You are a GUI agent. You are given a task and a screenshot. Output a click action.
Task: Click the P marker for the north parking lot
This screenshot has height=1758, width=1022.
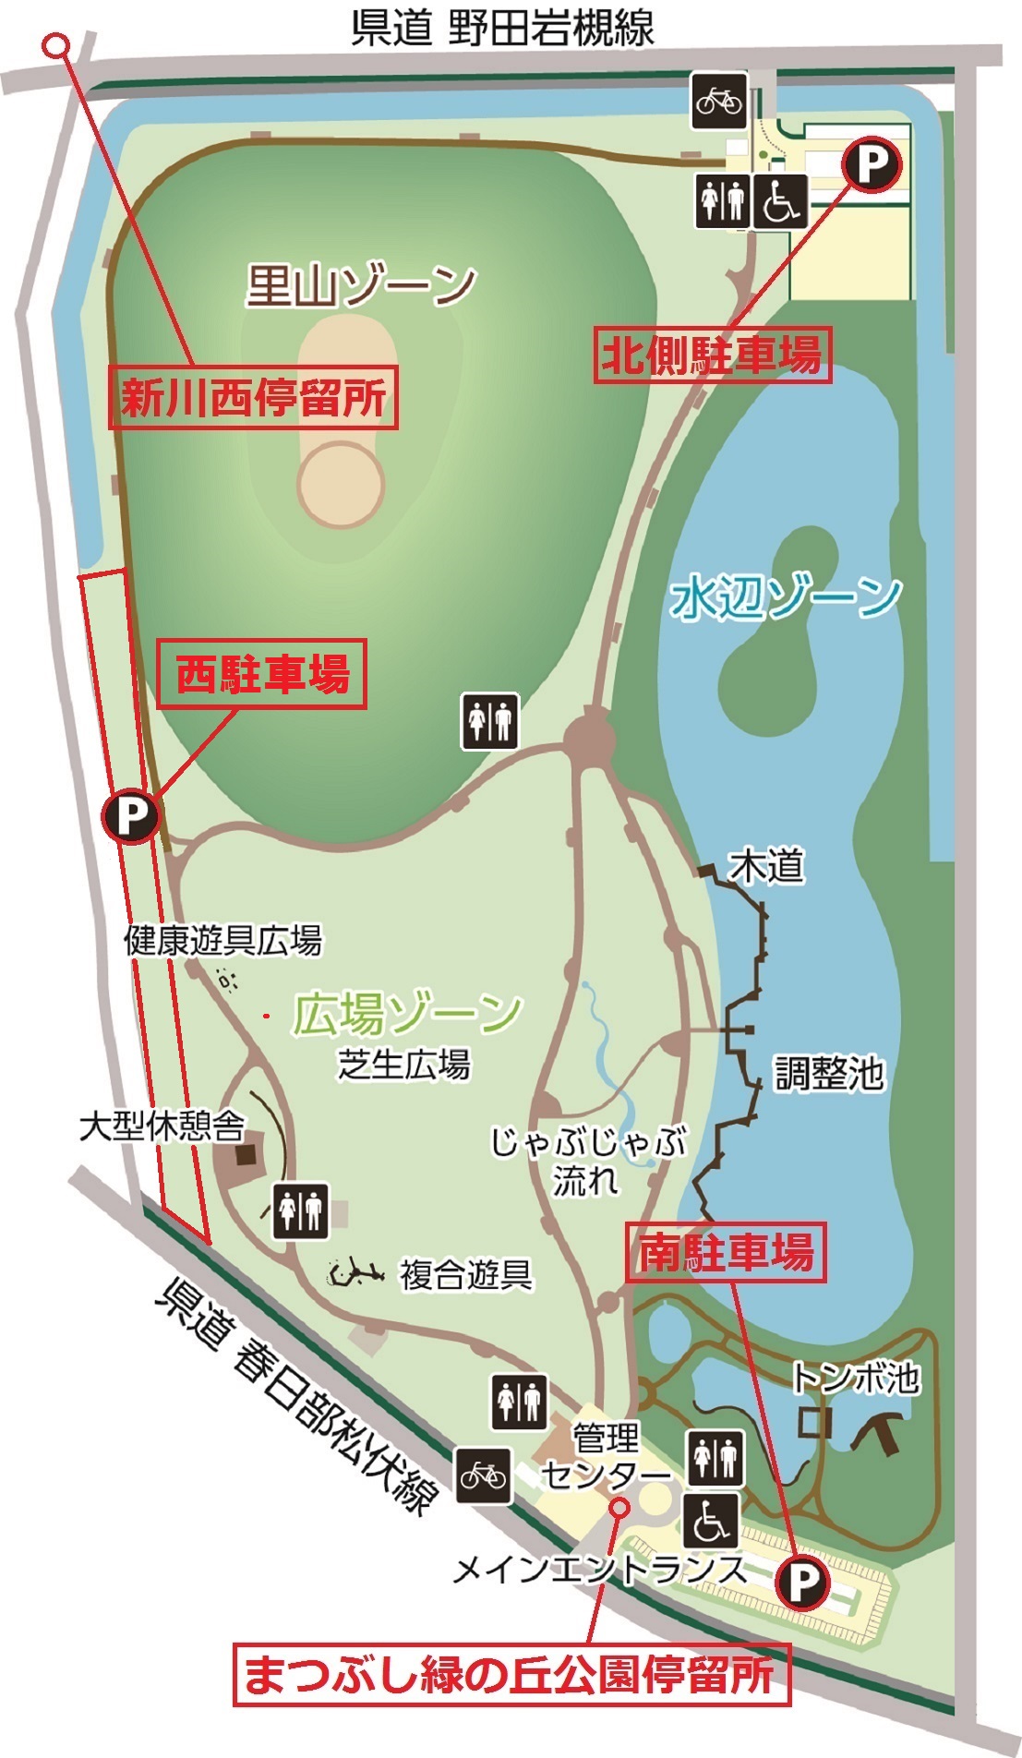click(870, 164)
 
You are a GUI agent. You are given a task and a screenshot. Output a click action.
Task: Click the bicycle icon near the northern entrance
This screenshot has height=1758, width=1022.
click(719, 99)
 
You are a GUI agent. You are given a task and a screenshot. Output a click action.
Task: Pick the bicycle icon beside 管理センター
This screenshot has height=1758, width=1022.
click(484, 1475)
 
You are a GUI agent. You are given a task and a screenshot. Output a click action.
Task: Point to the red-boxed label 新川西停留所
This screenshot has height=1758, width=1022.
click(254, 399)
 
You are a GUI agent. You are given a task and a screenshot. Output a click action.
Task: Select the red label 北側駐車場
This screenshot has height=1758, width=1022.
click(711, 354)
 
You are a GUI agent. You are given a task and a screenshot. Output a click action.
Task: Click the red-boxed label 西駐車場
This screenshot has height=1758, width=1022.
click(262, 674)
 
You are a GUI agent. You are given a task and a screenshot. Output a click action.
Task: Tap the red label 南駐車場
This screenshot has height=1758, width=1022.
click(727, 1253)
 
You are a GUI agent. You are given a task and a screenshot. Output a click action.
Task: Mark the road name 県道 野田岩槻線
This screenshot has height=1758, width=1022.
click(503, 28)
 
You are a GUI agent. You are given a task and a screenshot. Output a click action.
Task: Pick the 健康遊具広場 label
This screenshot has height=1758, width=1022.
click(223, 941)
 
